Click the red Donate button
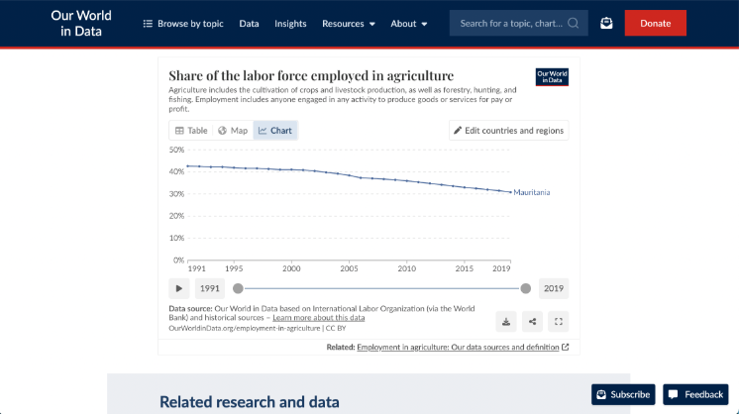[655, 23]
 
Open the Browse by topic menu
[183, 23]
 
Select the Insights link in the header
[290, 23]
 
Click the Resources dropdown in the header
[348, 23]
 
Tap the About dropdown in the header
[408, 23]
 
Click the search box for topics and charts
[511, 23]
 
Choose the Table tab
[191, 131]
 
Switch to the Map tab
[233, 131]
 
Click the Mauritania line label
[532, 192]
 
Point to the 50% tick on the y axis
[176, 150]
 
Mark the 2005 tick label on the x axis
[349, 268]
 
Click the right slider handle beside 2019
[526, 288]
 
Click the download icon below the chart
[506, 321]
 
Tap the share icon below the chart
[532, 321]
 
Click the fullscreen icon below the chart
[558, 321]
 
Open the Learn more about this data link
[319, 318]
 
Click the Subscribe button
[623, 394]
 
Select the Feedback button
[695, 394]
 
